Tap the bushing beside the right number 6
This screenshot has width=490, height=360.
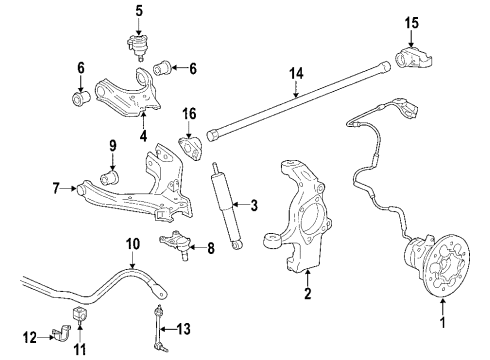pyautogui.click(x=160, y=69)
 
